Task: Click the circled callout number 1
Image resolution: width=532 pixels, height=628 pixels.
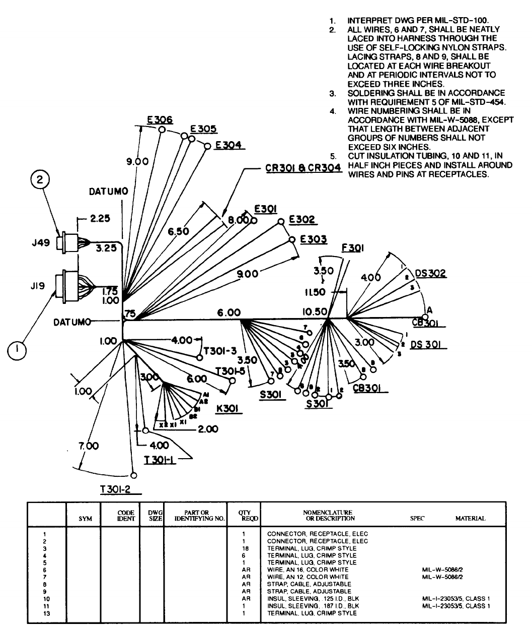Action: [x=18, y=349]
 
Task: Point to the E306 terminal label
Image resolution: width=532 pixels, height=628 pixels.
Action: [x=160, y=120]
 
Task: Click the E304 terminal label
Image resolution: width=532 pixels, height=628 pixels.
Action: [x=228, y=145]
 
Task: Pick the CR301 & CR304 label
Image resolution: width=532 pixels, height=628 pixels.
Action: [x=303, y=168]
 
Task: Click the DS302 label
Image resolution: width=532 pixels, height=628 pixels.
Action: [x=430, y=274]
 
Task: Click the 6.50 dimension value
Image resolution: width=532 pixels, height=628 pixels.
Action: [x=179, y=231]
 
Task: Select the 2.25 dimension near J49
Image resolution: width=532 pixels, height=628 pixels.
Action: [x=100, y=219]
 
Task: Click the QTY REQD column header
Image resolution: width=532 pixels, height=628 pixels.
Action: [x=244, y=515]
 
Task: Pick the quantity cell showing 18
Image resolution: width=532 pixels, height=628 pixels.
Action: [x=243, y=548]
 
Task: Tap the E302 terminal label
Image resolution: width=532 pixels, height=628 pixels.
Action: [x=302, y=220]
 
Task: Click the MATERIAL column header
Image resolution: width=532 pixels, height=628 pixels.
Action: [x=470, y=518]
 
